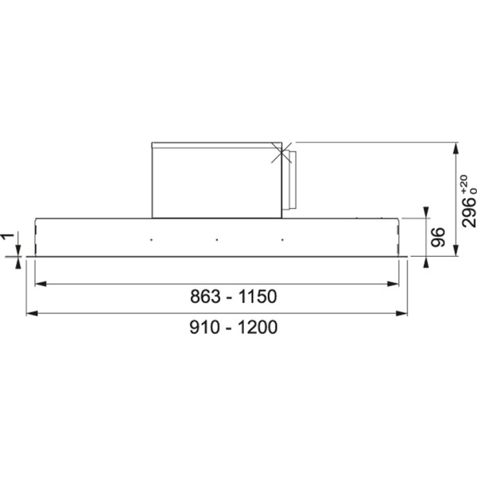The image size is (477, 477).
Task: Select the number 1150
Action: point(255,297)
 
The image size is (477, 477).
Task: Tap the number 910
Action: point(204,327)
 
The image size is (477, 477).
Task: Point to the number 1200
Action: point(257,327)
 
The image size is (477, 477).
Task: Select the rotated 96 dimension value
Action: point(437,237)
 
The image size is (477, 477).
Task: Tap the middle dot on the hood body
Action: point(215,237)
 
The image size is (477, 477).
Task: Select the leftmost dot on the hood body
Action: point(148,237)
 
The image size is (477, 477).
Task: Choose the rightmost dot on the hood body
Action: point(281,237)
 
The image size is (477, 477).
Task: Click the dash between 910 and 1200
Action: point(228,327)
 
